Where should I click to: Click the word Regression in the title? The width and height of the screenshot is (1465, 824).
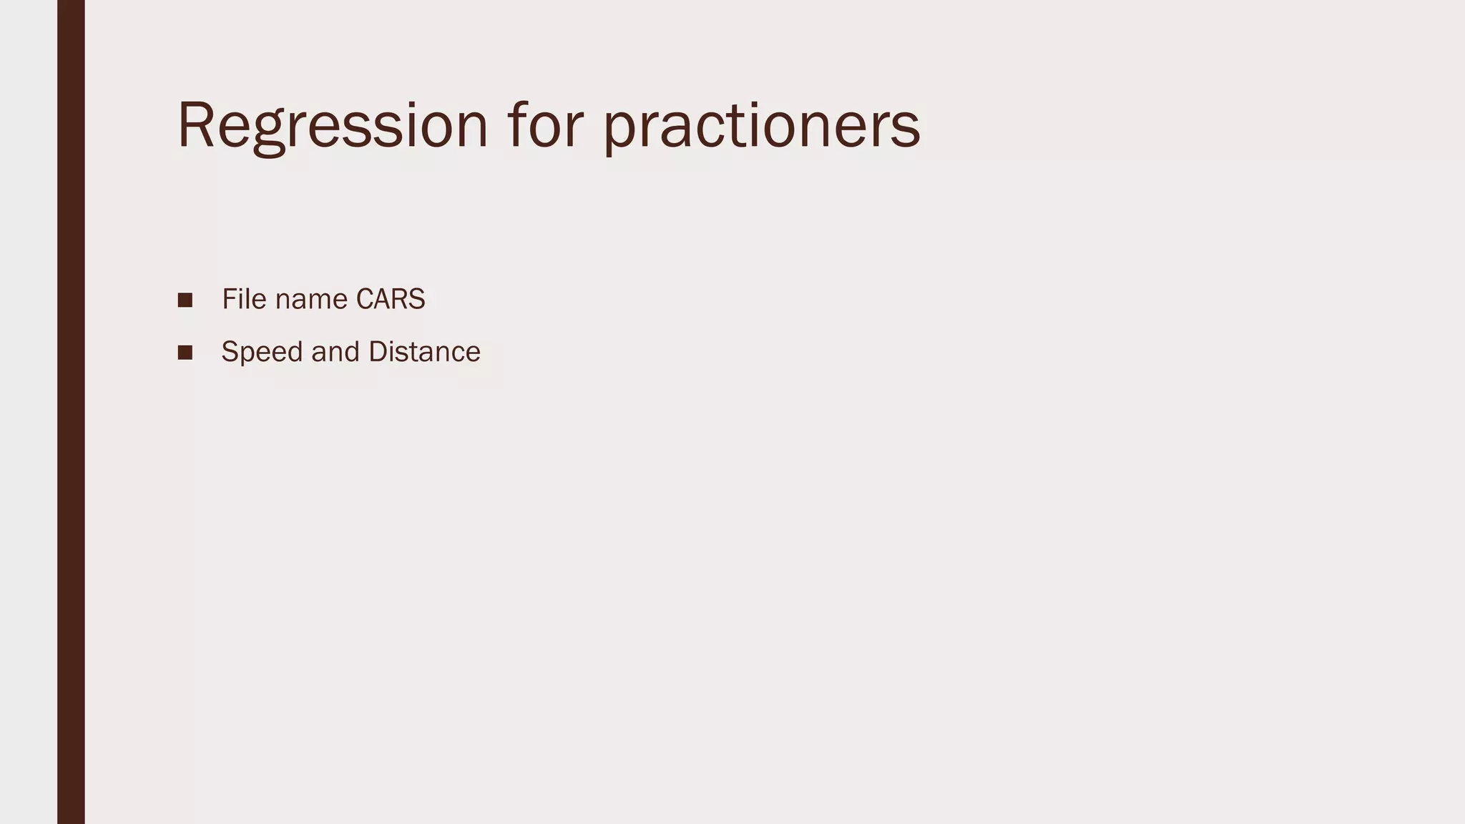click(x=333, y=126)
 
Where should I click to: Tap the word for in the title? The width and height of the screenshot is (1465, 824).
click(x=545, y=126)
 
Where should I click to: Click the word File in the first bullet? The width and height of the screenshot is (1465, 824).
click(x=244, y=299)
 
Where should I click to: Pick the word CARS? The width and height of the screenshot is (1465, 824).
click(x=391, y=299)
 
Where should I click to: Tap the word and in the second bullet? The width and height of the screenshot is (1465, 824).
click(x=335, y=352)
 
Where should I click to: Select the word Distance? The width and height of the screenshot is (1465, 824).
click(x=424, y=352)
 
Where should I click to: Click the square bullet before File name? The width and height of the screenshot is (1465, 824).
click(x=185, y=300)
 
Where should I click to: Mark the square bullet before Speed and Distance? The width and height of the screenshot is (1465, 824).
click(x=185, y=353)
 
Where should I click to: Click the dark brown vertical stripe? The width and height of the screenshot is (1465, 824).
click(x=71, y=412)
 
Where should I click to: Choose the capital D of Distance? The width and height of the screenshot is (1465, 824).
click(x=377, y=352)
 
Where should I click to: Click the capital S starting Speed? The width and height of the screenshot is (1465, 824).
click(x=229, y=352)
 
